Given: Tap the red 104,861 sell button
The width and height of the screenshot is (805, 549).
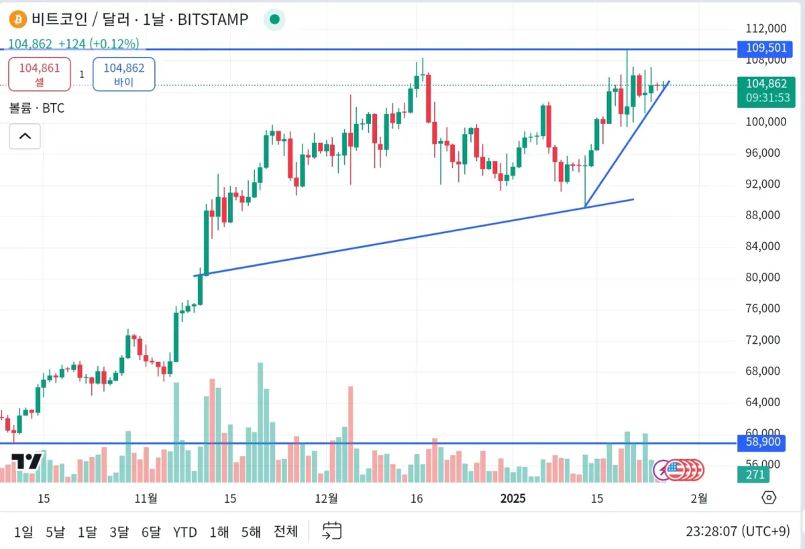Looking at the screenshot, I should pos(39,74).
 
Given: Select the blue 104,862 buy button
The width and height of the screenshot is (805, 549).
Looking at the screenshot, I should pos(123,74).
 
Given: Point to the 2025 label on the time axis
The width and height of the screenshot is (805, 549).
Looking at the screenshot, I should pos(513,498).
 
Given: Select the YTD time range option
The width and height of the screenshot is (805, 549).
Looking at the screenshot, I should pos(184,532).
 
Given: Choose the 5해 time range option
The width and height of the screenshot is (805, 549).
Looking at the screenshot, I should pos(250,532).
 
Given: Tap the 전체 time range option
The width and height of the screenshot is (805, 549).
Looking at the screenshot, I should pos(285,532).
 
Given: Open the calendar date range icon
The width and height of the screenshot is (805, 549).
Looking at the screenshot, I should pos(332,531).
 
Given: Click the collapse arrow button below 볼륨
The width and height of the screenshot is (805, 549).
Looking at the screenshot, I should pos(25,136).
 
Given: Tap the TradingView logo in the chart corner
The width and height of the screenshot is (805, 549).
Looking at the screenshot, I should pos(27,461).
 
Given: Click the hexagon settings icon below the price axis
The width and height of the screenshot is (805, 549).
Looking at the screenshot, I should pos(769,497).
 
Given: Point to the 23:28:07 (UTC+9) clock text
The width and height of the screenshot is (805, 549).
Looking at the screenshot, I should pos(737,532).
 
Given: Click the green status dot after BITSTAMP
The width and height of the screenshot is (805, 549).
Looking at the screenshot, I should pos(274,19).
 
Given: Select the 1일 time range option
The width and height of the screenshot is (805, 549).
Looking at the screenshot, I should pos(23,532).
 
